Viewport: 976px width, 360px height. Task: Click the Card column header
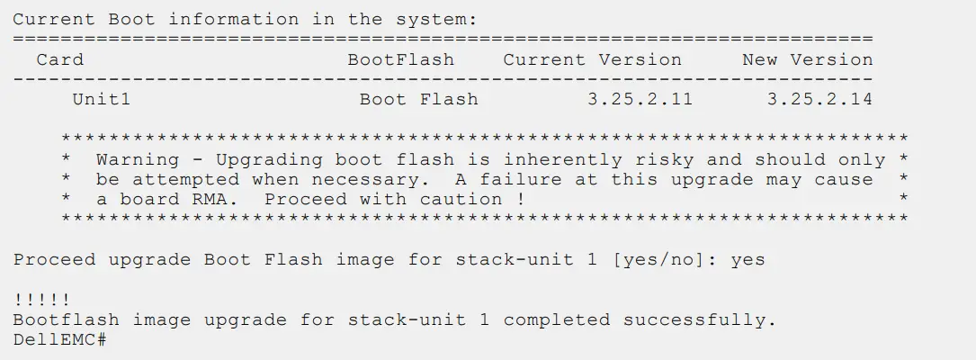pos(59,60)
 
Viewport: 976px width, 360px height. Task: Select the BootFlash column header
pos(401,60)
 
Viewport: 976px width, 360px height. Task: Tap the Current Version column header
pos(592,60)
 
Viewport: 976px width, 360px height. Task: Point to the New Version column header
pos(807,60)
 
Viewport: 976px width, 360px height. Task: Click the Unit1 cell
pos(101,99)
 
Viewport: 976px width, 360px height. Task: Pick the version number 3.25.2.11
pos(640,99)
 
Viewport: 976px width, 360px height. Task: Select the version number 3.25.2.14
pos(819,99)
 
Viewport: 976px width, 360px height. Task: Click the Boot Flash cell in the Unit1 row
pos(418,99)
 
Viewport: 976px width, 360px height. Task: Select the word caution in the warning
pos(468,200)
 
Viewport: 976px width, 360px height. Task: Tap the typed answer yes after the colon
pos(748,260)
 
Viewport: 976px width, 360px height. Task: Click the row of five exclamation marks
pos(42,301)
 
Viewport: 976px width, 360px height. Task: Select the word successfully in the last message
pos(699,320)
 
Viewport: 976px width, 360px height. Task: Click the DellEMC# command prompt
pos(60,340)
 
